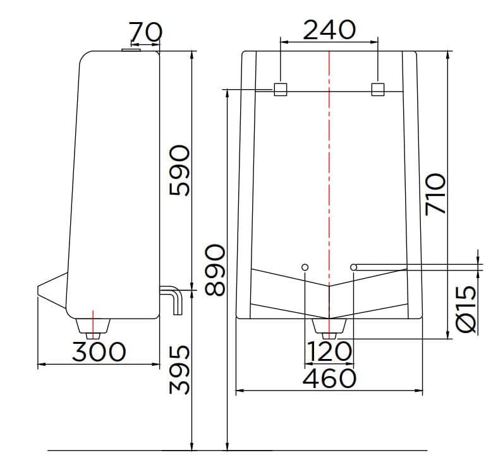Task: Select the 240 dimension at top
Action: coord(329,29)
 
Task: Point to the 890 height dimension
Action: coord(214,270)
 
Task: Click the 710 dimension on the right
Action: coord(436,194)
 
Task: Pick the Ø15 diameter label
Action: coord(466,309)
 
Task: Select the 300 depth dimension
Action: coord(99,351)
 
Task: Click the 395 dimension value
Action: coord(179,377)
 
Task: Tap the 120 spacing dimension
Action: coord(329,351)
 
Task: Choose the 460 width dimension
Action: coord(329,379)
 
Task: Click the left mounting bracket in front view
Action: coord(281,89)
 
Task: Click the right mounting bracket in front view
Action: coord(378,89)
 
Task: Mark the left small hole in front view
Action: coord(305,267)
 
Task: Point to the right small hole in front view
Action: coord(354,267)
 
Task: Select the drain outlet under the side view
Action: coord(93,325)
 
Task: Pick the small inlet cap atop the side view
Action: coord(132,49)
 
